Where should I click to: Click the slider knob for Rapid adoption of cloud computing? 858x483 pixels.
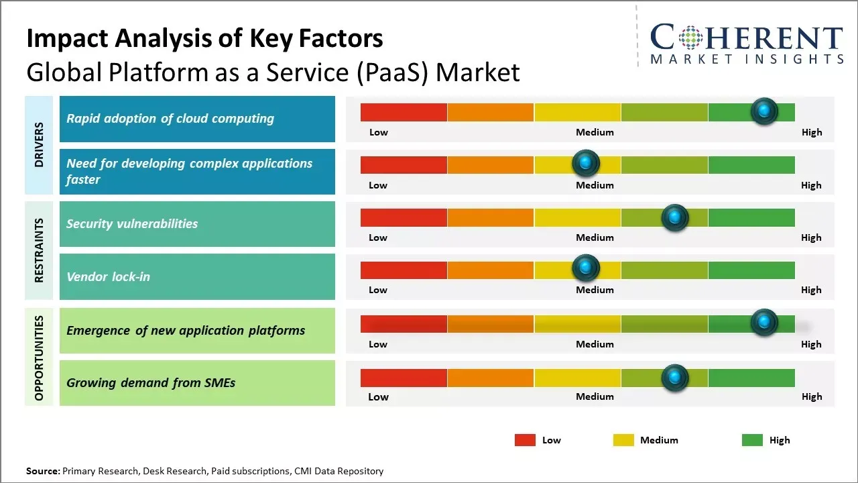pos(764,111)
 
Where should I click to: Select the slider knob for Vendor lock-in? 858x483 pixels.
pos(586,268)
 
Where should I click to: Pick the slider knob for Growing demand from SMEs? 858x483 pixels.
pos(675,378)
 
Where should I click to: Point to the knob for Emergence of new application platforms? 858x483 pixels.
pos(764,323)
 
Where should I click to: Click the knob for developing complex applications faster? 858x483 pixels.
pos(586,163)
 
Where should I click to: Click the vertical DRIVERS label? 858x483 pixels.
pos(39,145)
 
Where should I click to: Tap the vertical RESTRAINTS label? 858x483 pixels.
pos(39,250)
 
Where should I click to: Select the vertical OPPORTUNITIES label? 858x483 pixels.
pos(39,358)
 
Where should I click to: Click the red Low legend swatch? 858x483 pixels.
pos(525,440)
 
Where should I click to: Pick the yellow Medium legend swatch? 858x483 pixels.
pos(623,440)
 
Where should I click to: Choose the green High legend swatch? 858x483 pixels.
pos(752,440)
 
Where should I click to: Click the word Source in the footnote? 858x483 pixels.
pos(42,471)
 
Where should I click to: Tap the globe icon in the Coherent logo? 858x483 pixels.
pos(690,38)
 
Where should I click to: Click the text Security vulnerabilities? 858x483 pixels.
pos(132,224)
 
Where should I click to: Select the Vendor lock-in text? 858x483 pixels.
pos(108,276)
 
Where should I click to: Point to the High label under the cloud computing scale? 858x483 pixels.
pos(811,132)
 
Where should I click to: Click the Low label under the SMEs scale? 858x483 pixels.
pos(378,396)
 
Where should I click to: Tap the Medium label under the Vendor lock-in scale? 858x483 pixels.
pos(595,290)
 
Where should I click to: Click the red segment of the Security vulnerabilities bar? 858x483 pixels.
pos(404,217)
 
